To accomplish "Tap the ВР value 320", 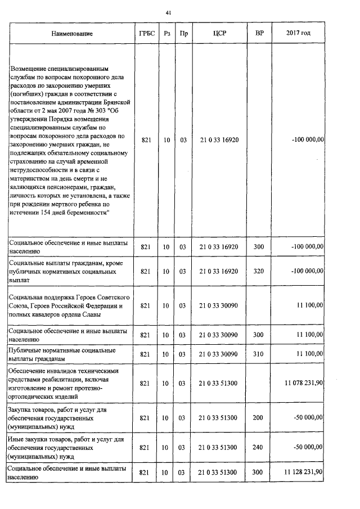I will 259,271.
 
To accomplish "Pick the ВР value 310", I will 259,354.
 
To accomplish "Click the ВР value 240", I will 259,447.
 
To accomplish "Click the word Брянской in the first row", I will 118,102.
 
